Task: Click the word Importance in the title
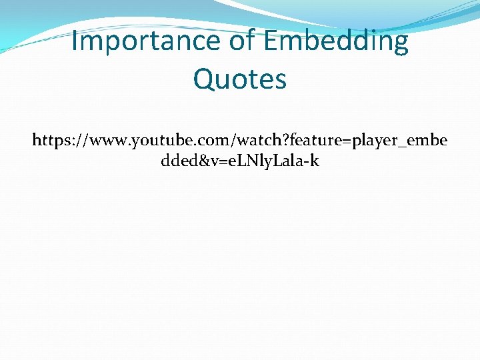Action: pyautogui.click(x=145, y=41)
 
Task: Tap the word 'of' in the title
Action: pyautogui.click(x=243, y=41)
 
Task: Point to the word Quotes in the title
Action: pyautogui.click(x=240, y=79)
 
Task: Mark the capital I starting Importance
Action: pyautogui.click(x=74, y=41)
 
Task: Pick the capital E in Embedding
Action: pyautogui.click(x=271, y=41)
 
